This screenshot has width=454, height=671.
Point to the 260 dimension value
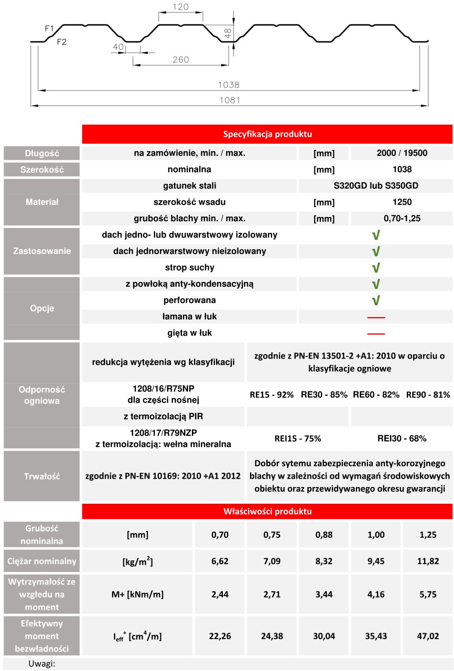180,60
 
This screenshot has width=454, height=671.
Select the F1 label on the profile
49,29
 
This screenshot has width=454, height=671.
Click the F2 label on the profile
61,42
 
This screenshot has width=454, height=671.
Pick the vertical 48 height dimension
228,34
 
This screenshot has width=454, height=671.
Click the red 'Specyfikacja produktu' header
267,134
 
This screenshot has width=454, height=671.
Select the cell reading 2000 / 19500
402,154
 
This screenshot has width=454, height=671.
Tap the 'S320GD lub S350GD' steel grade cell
375,186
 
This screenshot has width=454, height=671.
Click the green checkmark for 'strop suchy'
375,268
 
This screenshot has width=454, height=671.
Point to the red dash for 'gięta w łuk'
375,333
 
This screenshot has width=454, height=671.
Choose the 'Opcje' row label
42,308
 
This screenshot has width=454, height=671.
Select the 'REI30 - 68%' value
402,438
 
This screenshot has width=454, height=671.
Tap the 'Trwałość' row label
42,477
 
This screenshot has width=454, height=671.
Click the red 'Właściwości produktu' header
267,511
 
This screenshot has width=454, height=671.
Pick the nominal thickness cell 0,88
323,535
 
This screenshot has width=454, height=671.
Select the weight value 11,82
427,561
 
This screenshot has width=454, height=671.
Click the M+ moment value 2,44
220,595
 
